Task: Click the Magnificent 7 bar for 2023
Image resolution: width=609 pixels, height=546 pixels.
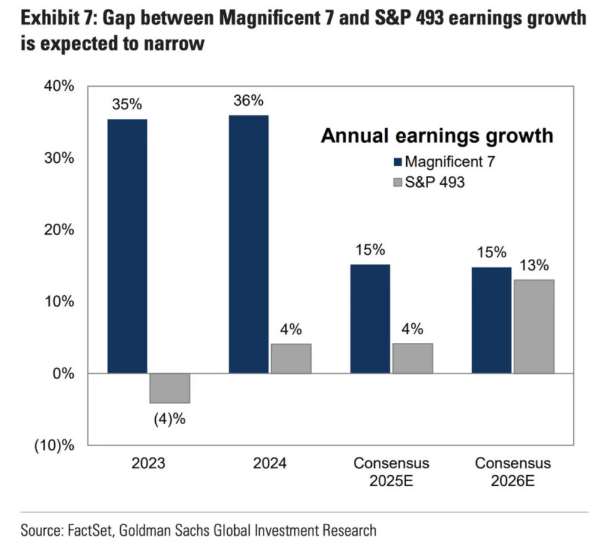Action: click(x=127, y=246)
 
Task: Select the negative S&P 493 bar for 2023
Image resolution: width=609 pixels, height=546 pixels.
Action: click(x=169, y=388)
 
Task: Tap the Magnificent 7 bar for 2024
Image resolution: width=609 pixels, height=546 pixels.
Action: click(x=249, y=244)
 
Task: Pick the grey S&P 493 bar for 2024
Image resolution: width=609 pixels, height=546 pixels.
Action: click(x=291, y=358)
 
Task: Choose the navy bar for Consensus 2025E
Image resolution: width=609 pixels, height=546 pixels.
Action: click(x=370, y=318)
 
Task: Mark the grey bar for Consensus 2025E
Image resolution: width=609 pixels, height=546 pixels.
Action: click(x=412, y=358)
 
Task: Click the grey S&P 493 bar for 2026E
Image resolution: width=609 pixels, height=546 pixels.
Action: click(x=533, y=326)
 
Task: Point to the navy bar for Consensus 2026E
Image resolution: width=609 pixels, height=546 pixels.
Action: click(x=491, y=320)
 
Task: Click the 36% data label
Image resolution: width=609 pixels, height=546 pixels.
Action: click(x=249, y=101)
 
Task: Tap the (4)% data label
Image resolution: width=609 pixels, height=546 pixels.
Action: click(x=169, y=419)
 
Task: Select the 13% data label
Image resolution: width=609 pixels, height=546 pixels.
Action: click(x=533, y=266)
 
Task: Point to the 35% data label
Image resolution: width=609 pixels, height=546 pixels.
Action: click(x=127, y=105)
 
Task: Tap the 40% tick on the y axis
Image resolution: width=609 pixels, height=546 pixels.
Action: click(x=59, y=87)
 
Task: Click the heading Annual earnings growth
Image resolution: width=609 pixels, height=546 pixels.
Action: click(x=437, y=135)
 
